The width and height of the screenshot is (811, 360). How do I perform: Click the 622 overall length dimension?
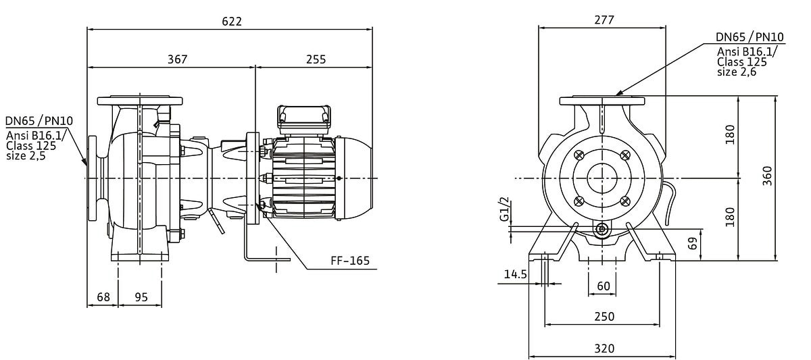tap(232, 22)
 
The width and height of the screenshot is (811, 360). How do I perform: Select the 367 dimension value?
tap(177, 59)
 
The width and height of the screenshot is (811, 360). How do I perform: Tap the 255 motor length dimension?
tap(316, 59)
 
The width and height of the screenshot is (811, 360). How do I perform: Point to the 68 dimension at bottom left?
tap(103, 297)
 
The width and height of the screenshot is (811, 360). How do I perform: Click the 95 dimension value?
tap(141, 297)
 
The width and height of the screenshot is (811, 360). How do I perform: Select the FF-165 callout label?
tap(350, 261)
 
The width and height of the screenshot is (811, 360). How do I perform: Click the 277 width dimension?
tap(604, 20)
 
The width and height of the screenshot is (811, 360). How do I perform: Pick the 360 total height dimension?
tap(767, 176)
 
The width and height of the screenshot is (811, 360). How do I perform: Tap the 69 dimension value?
tap(692, 244)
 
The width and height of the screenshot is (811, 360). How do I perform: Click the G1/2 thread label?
tap(504, 209)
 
